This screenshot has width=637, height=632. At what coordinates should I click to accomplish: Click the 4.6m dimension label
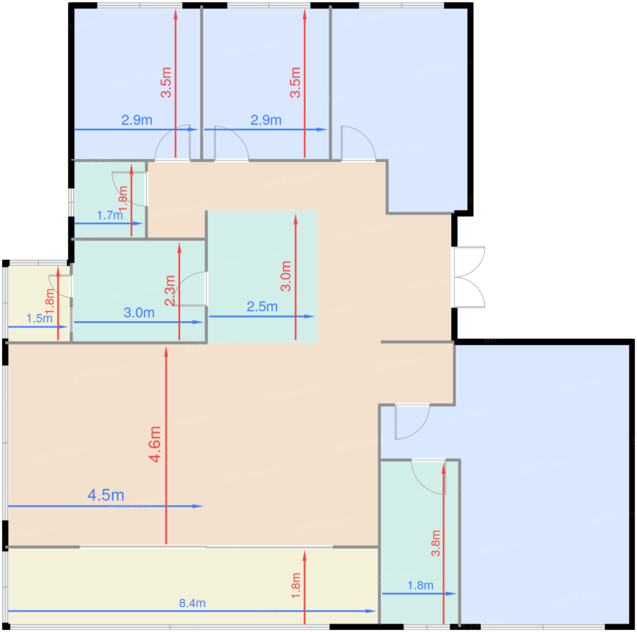point(155,444)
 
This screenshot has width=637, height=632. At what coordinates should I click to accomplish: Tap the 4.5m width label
point(106,495)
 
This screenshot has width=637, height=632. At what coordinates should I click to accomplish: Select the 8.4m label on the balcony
point(192,603)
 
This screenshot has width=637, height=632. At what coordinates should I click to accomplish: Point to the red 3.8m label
point(435,543)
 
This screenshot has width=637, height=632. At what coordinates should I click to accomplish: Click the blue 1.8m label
point(420,585)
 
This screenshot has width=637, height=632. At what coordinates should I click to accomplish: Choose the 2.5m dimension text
point(262,307)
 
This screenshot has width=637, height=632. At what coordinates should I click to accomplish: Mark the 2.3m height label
point(170,291)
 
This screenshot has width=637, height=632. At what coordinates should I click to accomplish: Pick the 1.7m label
point(110,215)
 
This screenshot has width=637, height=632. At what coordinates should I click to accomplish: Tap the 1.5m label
point(39,318)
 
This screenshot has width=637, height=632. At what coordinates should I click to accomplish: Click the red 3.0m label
point(286,276)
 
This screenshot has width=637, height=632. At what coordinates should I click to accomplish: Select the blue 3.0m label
point(139,313)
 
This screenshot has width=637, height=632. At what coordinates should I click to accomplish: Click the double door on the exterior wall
point(469,277)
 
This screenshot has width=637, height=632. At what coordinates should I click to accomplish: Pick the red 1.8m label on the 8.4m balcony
point(296,586)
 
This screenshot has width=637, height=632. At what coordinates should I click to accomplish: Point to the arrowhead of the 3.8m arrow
point(444,469)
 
